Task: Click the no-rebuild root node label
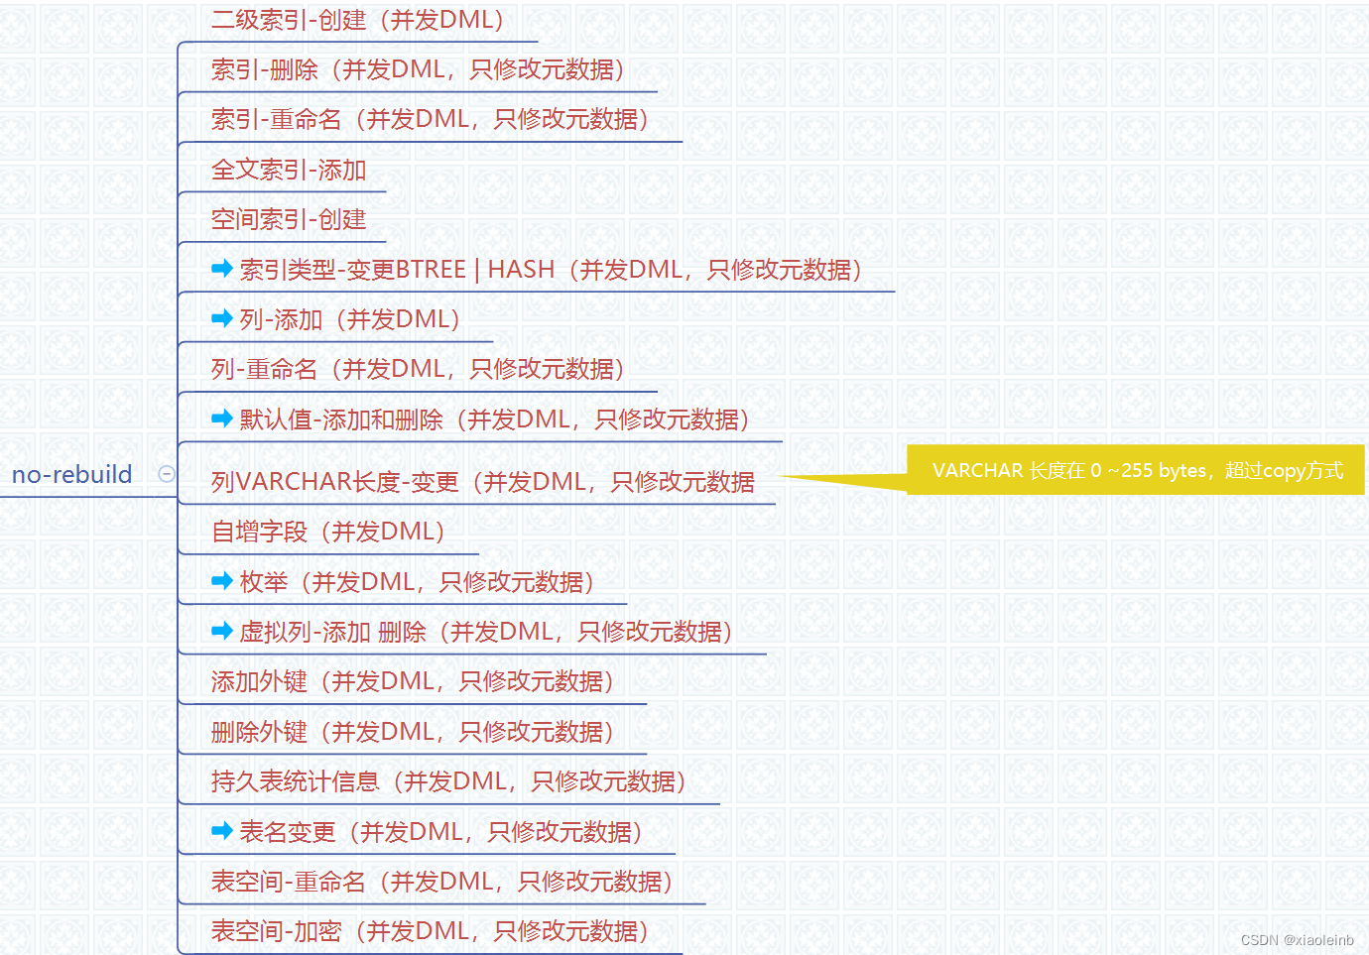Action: [x=71, y=474]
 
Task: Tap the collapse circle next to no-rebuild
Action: [x=167, y=474]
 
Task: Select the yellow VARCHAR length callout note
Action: [x=1137, y=470]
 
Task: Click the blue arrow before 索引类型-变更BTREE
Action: [x=222, y=269]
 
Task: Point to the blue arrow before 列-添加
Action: [x=222, y=318]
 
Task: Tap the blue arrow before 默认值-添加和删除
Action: [x=222, y=418]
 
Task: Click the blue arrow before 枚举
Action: [x=222, y=581]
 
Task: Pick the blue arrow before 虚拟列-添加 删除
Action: [x=222, y=631]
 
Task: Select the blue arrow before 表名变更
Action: [x=222, y=831]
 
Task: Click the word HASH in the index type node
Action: [x=521, y=270]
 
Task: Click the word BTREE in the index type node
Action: [x=431, y=270]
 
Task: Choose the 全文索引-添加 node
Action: [x=289, y=170]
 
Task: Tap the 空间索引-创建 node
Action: [x=289, y=219]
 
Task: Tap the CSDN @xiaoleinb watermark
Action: [x=1297, y=940]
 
